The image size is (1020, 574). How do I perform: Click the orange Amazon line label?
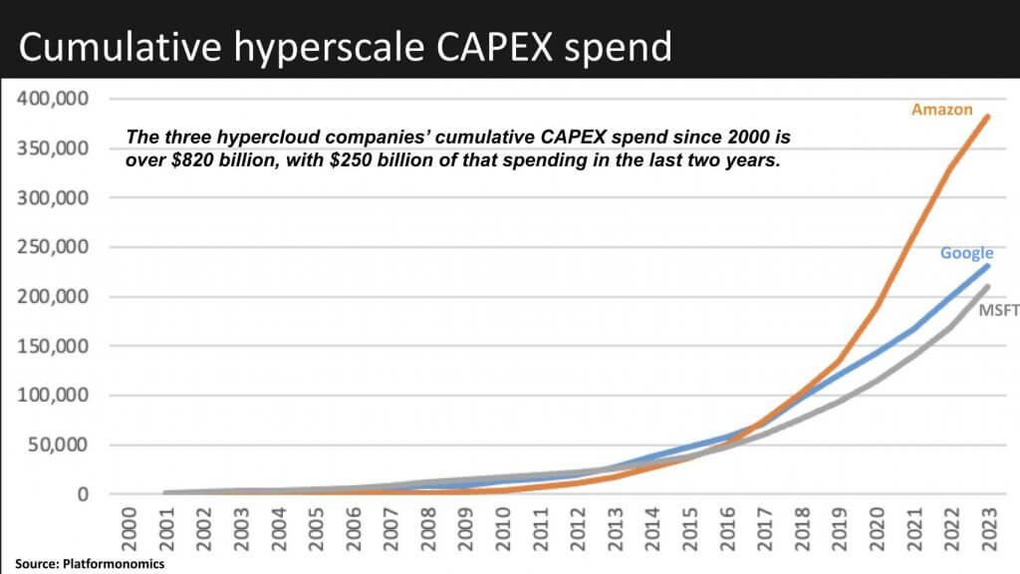point(941,110)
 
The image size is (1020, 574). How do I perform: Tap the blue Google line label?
point(966,253)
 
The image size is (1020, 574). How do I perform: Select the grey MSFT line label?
point(998,311)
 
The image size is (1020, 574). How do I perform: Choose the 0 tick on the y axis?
point(83,494)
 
